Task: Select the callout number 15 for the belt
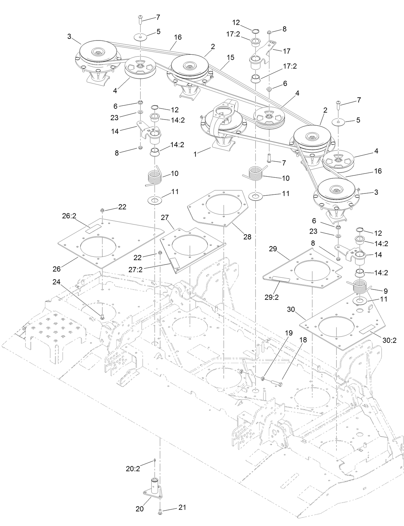point(230,58)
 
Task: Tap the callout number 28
point(247,237)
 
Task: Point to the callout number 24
point(57,282)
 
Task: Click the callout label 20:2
point(133,469)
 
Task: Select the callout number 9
point(385,291)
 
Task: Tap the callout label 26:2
point(69,216)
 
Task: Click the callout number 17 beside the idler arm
point(286,51)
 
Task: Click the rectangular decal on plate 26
point(93,229)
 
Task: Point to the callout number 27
point(165,218)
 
